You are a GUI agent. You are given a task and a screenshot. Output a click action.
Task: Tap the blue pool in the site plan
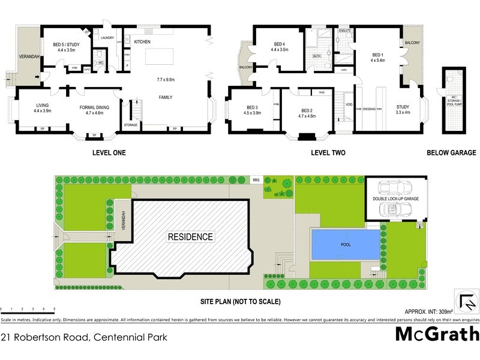tap(346, 245)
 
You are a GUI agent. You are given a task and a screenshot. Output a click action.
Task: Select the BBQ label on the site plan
tap(256, 179)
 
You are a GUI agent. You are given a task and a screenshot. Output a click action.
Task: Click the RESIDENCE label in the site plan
tap(191, 236)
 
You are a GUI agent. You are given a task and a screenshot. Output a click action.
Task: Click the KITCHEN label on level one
tap(142, 41)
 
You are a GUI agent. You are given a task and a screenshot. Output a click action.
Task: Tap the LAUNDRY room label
tap(107, 38)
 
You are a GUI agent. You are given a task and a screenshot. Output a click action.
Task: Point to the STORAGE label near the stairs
tap(131, 125)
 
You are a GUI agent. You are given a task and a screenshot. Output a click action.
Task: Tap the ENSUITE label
tap(344, 30)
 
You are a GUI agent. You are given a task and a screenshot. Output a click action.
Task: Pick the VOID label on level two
tap(349, 104)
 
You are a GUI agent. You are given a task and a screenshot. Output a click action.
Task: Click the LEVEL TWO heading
tap(328, 153)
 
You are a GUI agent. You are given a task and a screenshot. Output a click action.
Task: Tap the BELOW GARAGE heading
tap(451, 153)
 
